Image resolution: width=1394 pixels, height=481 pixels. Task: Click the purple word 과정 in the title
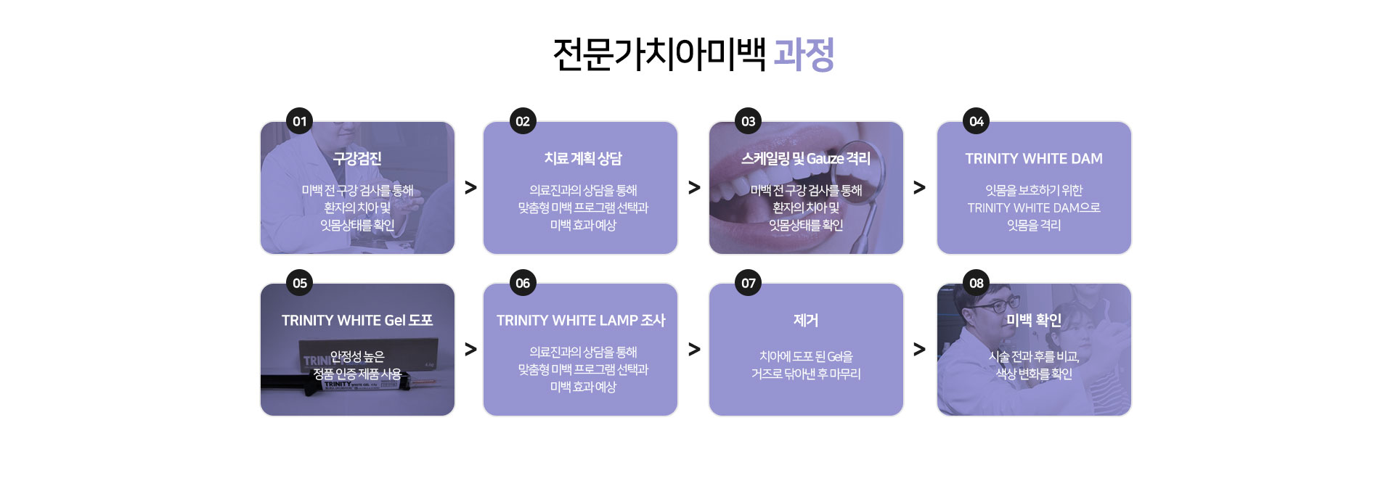804,54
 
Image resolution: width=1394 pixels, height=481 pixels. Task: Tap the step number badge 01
300,121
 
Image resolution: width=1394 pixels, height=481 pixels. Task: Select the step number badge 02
523,121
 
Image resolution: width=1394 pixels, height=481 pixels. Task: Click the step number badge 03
749,121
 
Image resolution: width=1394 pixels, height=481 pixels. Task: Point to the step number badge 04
977,121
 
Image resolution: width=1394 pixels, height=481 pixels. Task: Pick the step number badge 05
300,283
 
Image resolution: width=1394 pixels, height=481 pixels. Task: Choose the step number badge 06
523,283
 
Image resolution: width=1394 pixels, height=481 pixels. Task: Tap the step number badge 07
749,283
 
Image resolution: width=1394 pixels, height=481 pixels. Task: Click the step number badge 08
977,283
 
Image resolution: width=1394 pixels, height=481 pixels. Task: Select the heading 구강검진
357,158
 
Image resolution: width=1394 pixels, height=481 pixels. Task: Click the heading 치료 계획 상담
583,158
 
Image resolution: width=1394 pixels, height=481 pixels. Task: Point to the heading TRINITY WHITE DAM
1034,158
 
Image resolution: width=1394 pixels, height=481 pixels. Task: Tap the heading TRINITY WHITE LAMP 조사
581,320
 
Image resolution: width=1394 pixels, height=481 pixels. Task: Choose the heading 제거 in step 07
806,320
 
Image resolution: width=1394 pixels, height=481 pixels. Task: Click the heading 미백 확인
1034,320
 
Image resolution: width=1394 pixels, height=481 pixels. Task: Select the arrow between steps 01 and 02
470,188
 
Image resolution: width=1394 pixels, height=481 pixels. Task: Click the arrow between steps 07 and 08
919,350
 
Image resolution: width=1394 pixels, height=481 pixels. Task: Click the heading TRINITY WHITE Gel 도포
357,320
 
